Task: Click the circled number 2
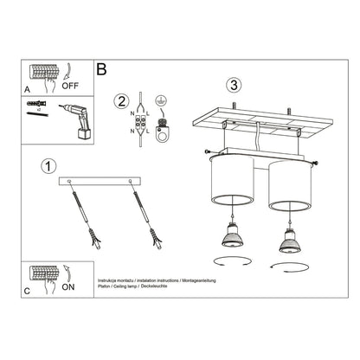122,100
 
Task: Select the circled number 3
232,85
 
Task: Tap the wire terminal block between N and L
142,121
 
